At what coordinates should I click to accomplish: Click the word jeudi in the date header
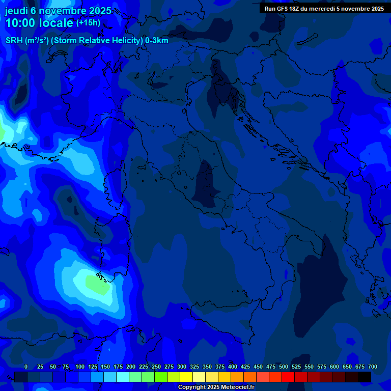tap(17, 11)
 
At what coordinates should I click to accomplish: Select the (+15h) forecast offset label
tap(88, 23)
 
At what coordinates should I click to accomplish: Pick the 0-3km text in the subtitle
tap(157, 41)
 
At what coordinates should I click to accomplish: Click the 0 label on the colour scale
tap(26, 367)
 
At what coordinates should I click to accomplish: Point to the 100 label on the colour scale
tap(80, 367)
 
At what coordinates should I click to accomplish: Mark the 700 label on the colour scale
tap(372, 367)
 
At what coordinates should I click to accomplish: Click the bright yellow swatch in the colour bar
tap(186, 377)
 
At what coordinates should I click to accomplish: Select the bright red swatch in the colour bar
tap(288, 377)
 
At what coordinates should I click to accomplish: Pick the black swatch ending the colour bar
tap(365, 377)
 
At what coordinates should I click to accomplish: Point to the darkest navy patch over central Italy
tap(206, 183)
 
